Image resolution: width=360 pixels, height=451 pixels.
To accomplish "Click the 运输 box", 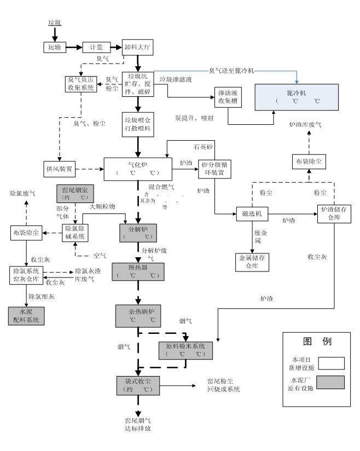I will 54,48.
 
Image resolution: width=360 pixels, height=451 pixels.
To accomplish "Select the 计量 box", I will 96,48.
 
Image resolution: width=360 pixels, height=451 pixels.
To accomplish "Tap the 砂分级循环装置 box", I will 215,168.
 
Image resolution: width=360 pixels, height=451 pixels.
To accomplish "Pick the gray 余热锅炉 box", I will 137,315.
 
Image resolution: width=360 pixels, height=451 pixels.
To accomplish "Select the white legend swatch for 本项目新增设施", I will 327,363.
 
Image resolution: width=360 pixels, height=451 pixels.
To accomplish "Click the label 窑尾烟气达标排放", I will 137,424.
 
